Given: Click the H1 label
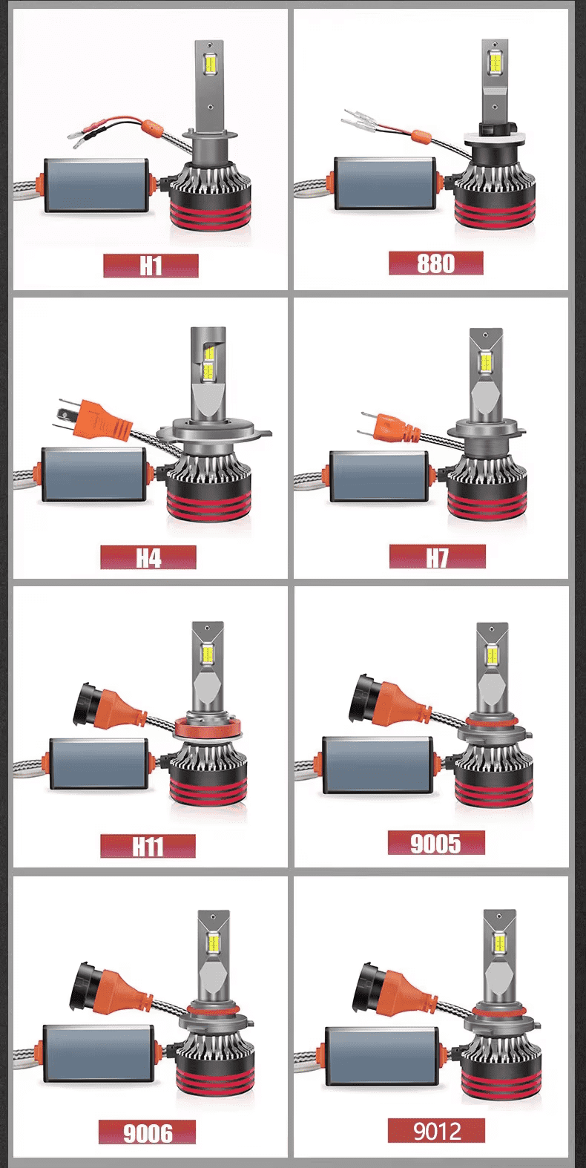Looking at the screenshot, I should [x=151, y=266].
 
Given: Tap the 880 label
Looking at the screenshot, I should [x=435, y=263].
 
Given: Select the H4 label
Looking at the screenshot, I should [x=148, y=557].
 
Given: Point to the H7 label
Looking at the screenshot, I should [x=437, y=557].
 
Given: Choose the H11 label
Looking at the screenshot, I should [x=148, y=846].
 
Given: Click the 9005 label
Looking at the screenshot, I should [x=435, y=843].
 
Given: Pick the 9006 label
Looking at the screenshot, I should [x=147, y=1132].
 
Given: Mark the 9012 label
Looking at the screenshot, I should [x=436, y=1131].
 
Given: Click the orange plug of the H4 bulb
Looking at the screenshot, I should [x=104, y=419].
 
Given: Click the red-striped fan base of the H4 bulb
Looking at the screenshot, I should [x=208, y=497].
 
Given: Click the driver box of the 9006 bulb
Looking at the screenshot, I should [x=98, y=1052].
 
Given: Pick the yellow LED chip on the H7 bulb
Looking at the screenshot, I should [x=487, y=362].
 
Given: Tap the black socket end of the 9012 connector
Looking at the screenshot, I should [x=366, y=984].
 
